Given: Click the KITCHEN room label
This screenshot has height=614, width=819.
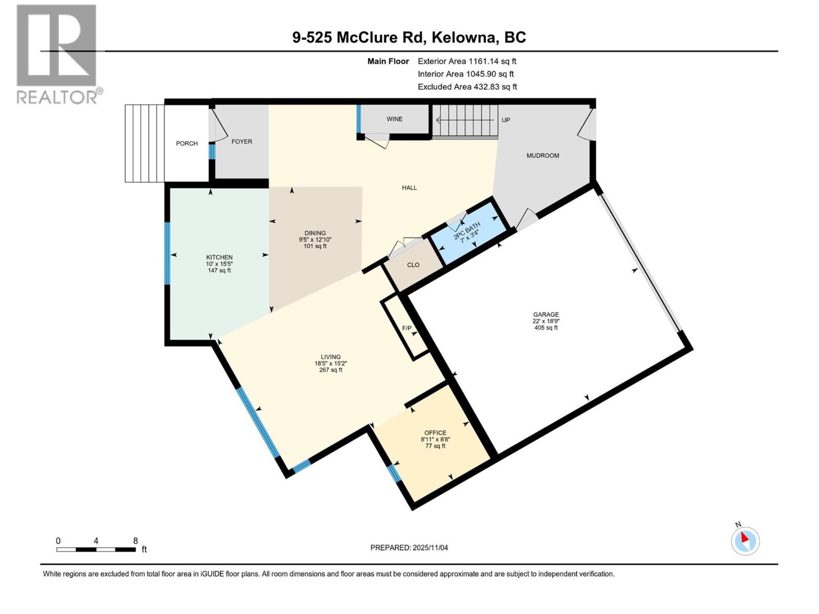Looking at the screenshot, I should (x=219, y=257).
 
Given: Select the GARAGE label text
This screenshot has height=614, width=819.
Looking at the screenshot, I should (x=546, y=315).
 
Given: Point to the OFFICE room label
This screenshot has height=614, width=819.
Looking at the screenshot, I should (x=435, y=433).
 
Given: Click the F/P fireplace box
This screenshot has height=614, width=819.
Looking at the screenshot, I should (x=407, y=328).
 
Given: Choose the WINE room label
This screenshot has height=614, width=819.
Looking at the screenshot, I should (x=394, y=119).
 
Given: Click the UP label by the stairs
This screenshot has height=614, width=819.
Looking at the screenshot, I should (x=506, y=120).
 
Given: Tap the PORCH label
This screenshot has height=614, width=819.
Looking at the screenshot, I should (x=187, y=144).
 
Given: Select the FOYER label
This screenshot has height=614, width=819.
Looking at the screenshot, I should (x=242, y=142).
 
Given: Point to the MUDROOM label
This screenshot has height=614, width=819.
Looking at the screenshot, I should (x=543, y=156).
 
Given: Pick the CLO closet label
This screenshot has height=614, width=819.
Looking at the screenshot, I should (x=413, y=265).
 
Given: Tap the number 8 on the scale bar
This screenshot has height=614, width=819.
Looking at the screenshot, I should (x=135, y=541).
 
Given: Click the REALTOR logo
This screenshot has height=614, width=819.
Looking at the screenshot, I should (x=57, y=54).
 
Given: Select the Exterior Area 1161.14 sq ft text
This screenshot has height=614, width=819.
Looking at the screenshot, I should (x=466, y=61).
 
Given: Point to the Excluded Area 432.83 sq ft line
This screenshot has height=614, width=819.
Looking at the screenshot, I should (x=467, y=87).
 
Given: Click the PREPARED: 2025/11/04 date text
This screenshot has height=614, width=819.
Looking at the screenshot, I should (x=409, y=547).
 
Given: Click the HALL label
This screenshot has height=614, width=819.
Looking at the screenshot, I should (x=409, y=188).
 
